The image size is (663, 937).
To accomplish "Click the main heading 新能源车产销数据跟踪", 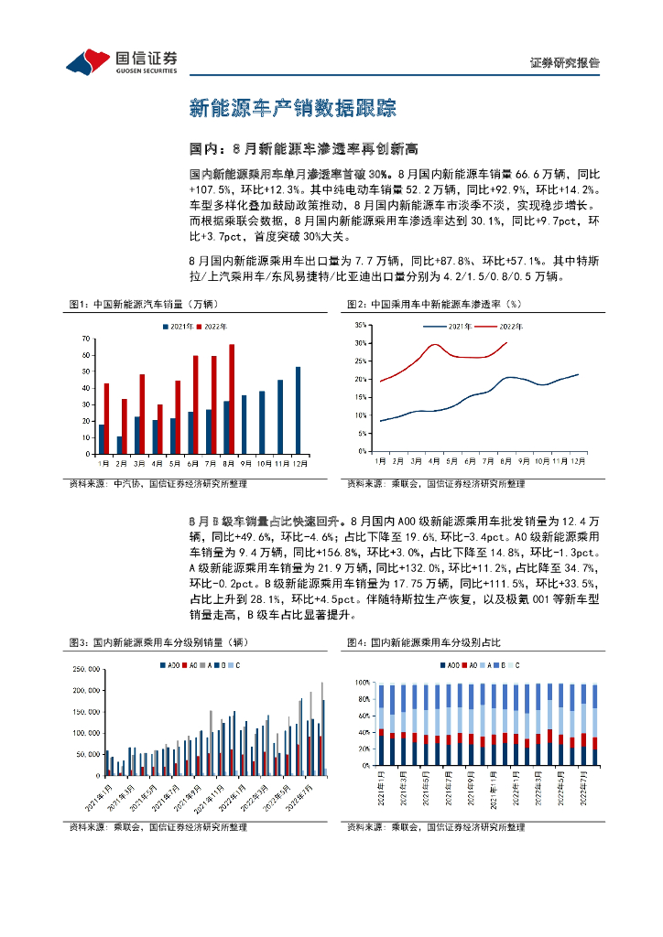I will (x=292, y=108).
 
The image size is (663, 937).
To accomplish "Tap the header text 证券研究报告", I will (x=564, y=63).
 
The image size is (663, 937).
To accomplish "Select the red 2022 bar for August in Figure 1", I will (x=232, y=397).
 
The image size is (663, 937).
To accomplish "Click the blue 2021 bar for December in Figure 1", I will (x=298, y=408).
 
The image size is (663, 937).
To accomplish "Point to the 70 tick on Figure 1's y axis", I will (x=86, y=339).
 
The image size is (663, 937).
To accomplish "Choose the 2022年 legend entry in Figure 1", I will (x=212, y=326).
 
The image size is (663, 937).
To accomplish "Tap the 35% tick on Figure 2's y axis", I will (x=361, y=325).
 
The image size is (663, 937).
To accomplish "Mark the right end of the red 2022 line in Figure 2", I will (x=506, y=342).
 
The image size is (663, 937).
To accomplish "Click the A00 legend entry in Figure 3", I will (x=169, y=665).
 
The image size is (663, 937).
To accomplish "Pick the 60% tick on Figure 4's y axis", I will (x=362, y=715).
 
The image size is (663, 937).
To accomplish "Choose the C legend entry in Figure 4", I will (x=515, y=665).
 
